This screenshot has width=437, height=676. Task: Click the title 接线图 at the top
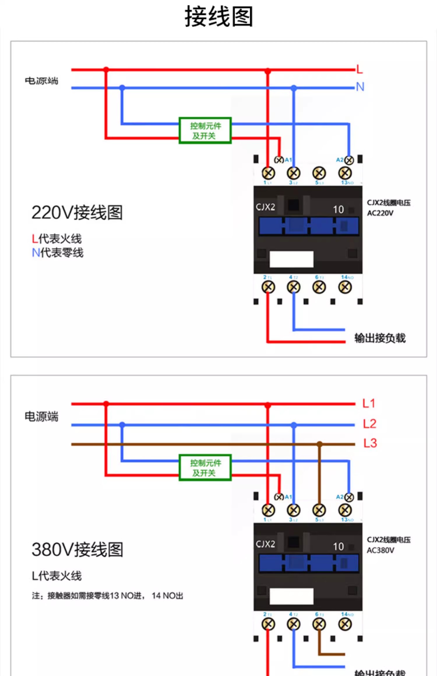coord(218,17)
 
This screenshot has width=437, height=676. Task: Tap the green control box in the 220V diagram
coord(205,130)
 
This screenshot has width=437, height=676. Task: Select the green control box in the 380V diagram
coord(205,468)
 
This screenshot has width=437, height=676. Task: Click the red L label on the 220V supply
coord(360,70)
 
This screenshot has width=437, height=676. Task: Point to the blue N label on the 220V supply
coord(360,87)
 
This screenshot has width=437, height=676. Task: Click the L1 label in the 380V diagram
coord(369,404)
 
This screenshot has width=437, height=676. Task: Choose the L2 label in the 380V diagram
coord(369,424)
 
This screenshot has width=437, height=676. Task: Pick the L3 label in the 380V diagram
coord(370,443)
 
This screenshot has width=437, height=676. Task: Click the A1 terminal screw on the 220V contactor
coord(279,160)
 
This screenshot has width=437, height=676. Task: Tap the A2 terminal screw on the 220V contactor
coord(349,160)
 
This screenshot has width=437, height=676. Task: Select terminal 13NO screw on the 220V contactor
coord(345,173)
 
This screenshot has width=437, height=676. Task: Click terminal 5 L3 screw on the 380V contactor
coord(319,510)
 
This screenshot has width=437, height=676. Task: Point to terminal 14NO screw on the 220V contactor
coord(345,287)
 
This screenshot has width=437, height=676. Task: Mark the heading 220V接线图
coord(77,213)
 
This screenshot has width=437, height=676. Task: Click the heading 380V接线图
coord(77,550)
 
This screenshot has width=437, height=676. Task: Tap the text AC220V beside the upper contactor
coord(380,213)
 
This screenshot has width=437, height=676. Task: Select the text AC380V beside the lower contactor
coord(380,550)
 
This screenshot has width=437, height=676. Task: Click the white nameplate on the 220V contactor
coord(291,259)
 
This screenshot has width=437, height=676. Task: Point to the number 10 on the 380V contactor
coord(338,546)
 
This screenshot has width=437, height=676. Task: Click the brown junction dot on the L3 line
coord(320,444)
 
